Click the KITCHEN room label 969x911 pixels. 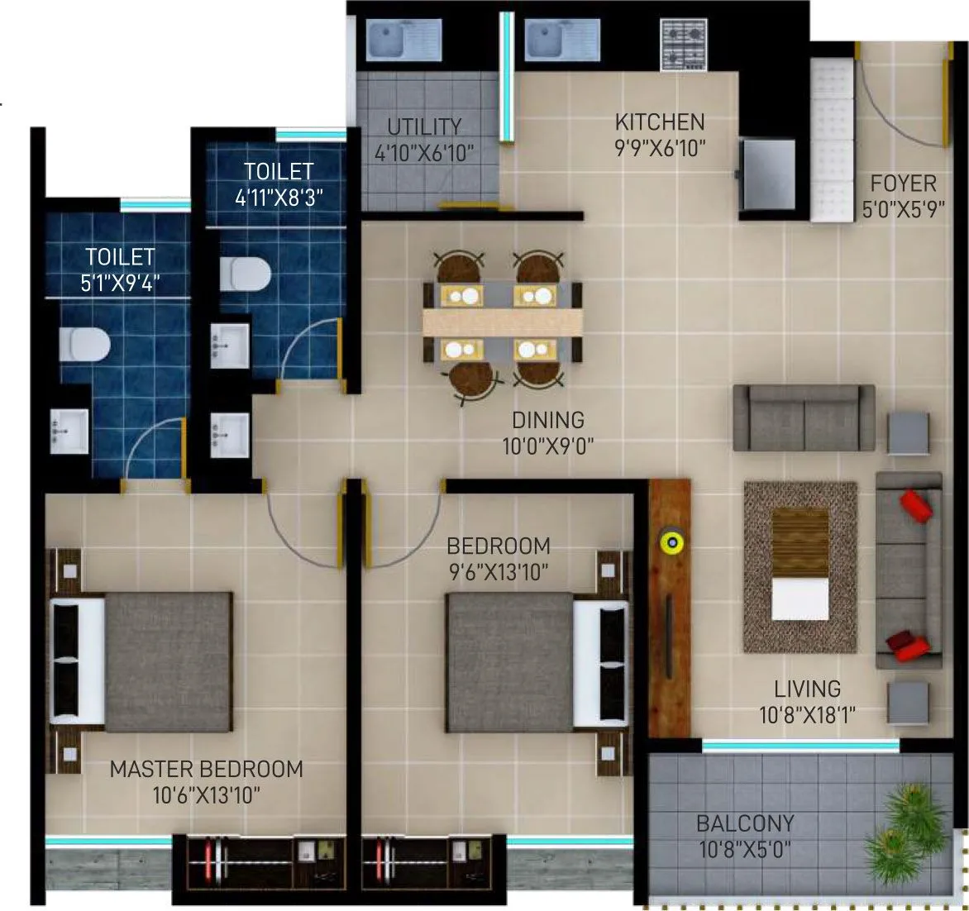pyautogui.click(x=660, y=122)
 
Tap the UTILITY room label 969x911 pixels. pyautogui.click(x=424, y=126)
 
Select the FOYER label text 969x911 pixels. pyautogui.click(x=903, y=184)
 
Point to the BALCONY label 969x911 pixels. pyautogui.click(x=745, y=823)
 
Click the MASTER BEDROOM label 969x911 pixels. pyautogui.click(x=206, y=769)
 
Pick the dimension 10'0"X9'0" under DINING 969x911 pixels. pyautogui.click(x=547, y=447)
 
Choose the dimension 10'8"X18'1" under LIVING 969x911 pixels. pyautogui.click(x=807, y=714)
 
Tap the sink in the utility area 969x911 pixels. pyautogui.click(x=394, y=40)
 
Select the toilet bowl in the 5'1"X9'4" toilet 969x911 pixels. pyautogui.click(x=84, y=344)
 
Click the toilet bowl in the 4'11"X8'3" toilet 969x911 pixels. pyautogui.click(x=246, y=272)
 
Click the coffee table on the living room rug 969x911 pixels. pyautogui.click(x=800, y=564)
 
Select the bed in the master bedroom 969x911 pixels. pyautogui.click(x=141, y=661)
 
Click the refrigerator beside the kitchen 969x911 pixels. pyautogui.click(x=768, y=174)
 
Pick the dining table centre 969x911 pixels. pyautogui.click(x=502, y=322)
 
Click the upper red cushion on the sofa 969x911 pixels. pyautogui.click(x=915, y=503)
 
